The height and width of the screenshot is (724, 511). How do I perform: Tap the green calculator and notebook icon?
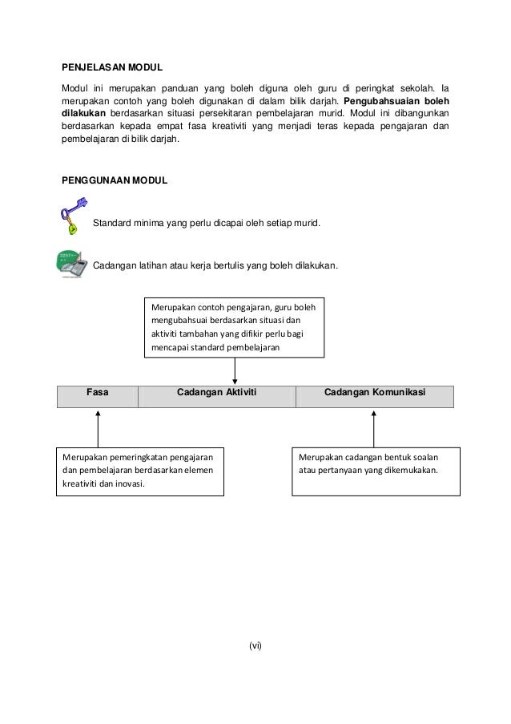point(72,264)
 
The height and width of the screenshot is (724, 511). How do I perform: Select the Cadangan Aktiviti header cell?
point(216,392)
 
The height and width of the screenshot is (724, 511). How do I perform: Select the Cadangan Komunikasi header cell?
point(374,392)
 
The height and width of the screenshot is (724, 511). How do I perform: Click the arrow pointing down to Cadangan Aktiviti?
point(235,370)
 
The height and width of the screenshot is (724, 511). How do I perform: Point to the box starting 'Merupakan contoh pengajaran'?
point(234,327)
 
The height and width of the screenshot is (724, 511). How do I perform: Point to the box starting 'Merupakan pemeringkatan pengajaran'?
point(140,471)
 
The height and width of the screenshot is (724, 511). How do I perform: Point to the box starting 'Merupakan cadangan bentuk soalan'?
point(373,470)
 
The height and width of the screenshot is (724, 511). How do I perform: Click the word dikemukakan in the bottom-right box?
point(409,471)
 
